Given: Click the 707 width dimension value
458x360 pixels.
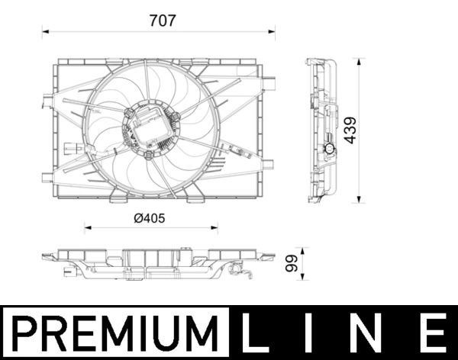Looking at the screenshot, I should tap(163, 21).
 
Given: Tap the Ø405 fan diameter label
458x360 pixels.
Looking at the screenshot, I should tap(150, 217).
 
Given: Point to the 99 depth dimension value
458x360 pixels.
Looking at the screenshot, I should tap(291, 264).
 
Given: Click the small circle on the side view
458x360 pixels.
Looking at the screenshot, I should tap(330, 148).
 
